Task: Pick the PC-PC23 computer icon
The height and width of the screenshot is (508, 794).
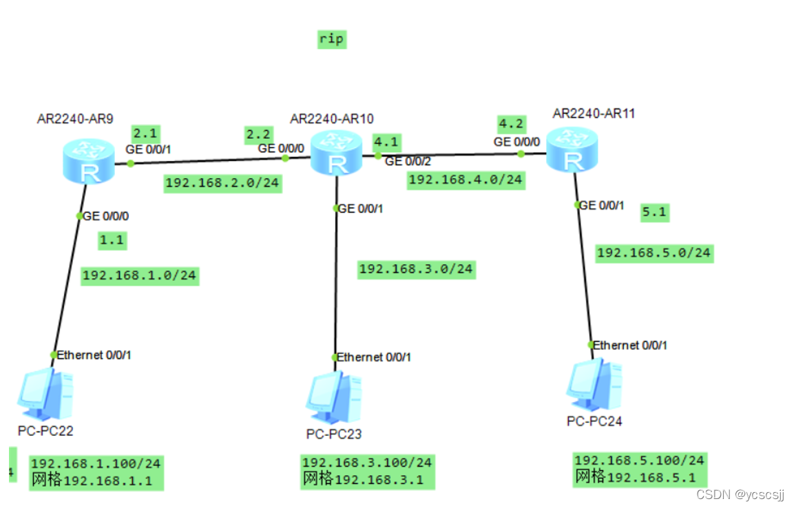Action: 334,398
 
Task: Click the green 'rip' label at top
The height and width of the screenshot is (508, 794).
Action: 331,39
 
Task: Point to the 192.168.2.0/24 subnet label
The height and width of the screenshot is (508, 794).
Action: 223,183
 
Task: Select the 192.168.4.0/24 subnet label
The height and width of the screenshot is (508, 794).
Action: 466,180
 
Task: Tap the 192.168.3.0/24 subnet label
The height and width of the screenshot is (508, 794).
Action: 416,268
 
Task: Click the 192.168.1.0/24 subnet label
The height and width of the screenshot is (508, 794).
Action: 140,275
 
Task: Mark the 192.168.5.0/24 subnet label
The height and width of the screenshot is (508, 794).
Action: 654,253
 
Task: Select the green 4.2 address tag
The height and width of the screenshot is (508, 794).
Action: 512,124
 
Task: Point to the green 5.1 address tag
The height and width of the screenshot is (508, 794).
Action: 654,212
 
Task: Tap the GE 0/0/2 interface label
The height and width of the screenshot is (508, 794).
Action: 408,161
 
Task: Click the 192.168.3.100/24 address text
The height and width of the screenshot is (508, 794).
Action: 367,463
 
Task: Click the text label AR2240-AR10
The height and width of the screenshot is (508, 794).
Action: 332,118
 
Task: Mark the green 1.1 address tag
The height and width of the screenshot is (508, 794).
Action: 112,240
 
